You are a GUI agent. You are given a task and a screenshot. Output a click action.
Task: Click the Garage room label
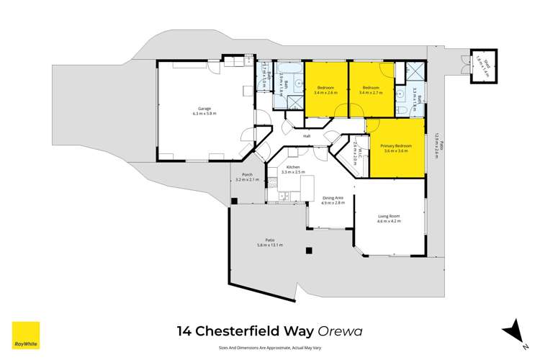point(204,110)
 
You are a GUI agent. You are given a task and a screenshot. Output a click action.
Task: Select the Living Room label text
point(388,217)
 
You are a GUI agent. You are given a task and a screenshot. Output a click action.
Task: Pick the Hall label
point(306,135)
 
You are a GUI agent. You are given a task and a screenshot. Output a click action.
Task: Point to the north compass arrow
point(516,329)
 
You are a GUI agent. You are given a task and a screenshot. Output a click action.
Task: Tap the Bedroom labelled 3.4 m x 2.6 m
point(326,89)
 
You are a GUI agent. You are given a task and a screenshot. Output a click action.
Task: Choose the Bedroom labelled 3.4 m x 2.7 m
point(371,89)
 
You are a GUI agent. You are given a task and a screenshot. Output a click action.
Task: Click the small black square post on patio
point(308,251)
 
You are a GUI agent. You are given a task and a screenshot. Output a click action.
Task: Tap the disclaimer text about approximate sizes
point(269,346)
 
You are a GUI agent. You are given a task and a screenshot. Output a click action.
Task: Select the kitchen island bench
point(307,189)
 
